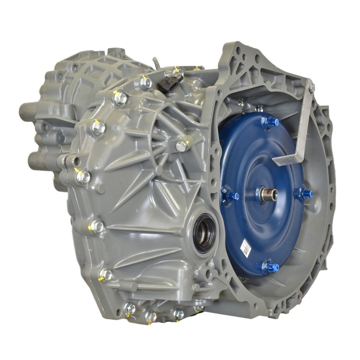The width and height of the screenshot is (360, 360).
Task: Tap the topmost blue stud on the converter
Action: pyautogui.click(x=272, y=122)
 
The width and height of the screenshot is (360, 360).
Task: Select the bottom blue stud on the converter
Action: pyautogui.click(x=271, y=267)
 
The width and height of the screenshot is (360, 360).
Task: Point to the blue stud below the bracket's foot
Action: pyautogui.click(x=305, y=193)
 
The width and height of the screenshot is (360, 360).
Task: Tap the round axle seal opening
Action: pyautogui.click(x=204, y=233)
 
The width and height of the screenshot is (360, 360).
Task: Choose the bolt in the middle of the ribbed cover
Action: pyautogui.click(x=181, y=146)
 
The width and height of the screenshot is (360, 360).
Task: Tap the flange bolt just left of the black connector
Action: pyautogui.click(x=146, y=83)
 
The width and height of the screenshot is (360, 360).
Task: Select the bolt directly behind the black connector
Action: pyautogui.click(x=178, y=73)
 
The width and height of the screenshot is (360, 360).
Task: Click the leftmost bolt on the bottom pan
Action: pyautogui.click(x=129, y=309)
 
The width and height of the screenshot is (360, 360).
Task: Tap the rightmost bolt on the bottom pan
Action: pyautogui.click(x=198, y=308)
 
